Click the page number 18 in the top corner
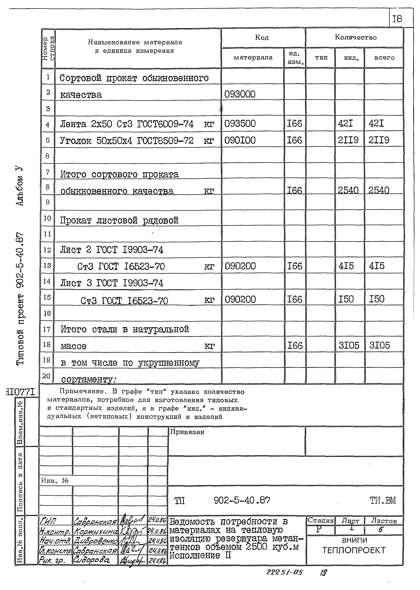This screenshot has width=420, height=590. (397, 19)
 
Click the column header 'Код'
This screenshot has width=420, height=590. (262, 38)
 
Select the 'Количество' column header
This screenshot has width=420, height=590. (355, 37)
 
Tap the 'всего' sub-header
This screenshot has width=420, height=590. (384, 58)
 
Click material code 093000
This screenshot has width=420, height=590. (240, 94)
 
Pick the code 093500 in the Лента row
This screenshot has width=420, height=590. (240, 124)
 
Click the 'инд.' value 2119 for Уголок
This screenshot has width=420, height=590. (348, 140)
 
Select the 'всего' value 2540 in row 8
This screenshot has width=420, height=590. (379, 190)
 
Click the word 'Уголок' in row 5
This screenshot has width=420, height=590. (75, 141)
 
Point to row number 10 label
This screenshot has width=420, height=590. (47, 218)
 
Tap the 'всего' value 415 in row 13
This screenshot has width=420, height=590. (377, 266)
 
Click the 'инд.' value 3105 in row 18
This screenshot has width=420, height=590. (349, 345)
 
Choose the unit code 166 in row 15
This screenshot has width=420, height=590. (295, 299)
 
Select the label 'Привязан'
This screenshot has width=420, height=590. (187, 432)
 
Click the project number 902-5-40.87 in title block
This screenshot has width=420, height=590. (242, 500)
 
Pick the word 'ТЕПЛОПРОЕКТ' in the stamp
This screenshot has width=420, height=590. (354, 550)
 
